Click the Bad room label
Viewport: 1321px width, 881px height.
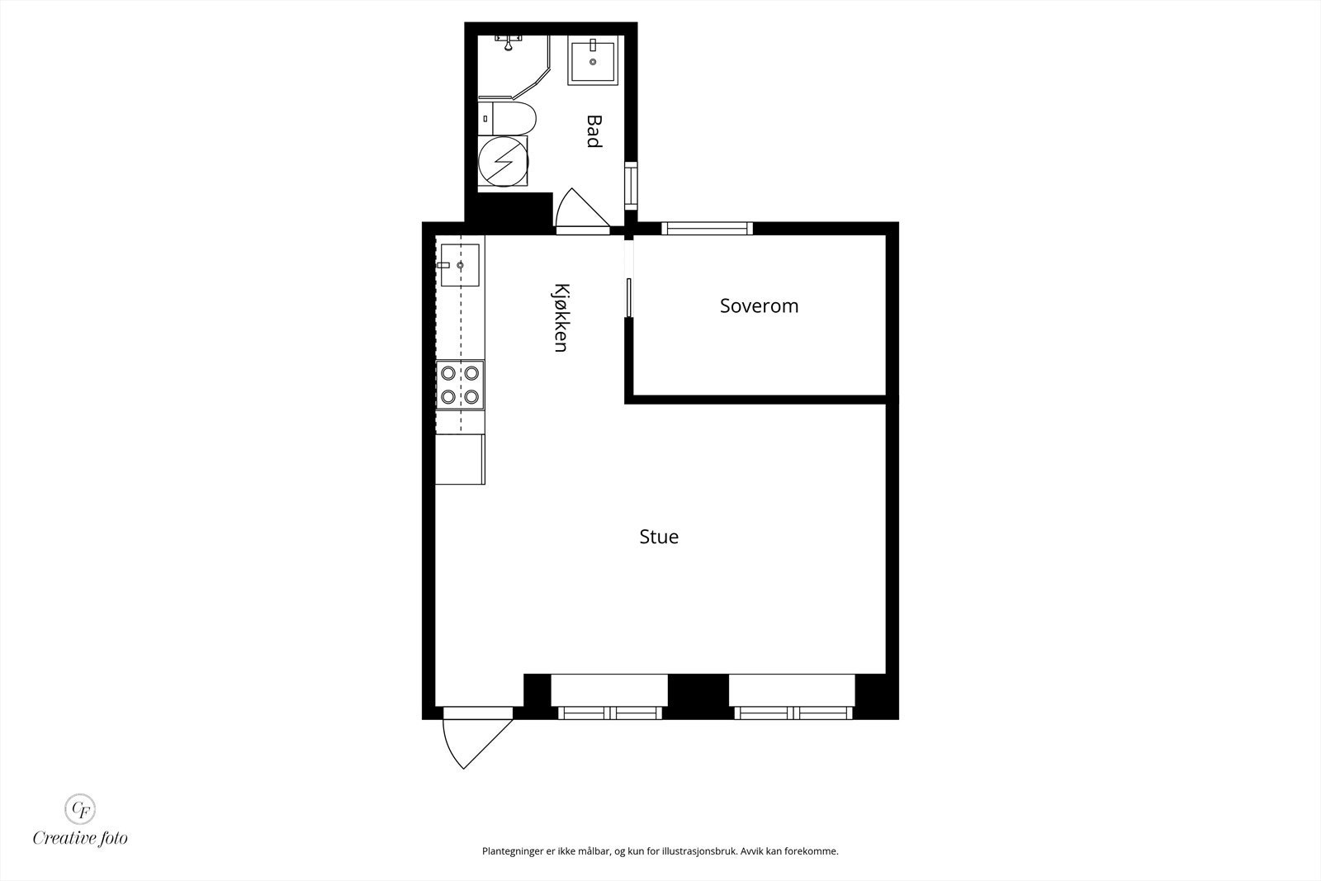[x=593, y=131]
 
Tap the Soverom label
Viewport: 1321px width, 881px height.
[x=759, y=306]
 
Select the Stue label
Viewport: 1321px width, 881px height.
[x=659, y=537]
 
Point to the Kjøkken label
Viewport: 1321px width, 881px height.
[x=561, y=318]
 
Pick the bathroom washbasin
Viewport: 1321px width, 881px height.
[x=592, y=60]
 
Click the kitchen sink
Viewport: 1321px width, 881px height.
[x=460, y=264]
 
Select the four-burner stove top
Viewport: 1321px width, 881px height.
[x=460, y=385]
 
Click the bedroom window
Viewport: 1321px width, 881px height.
[x=707, y=229]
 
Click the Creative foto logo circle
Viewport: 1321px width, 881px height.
[x=80, y=807]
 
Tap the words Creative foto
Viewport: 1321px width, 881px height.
[x=80, y=838]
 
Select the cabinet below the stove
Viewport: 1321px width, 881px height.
[x=460, y=458]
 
